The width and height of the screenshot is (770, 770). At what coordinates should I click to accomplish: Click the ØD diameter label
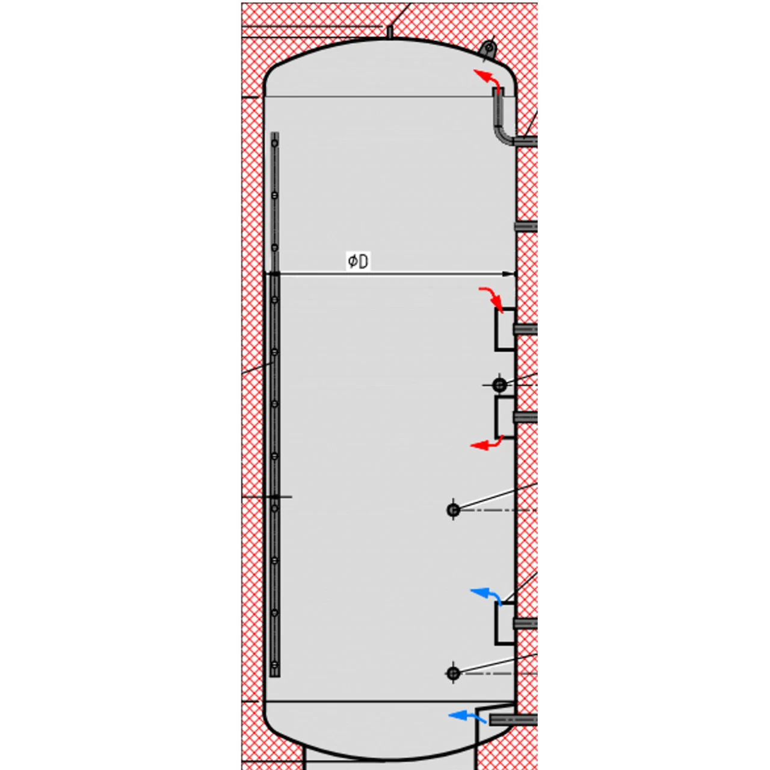tap(358, 261)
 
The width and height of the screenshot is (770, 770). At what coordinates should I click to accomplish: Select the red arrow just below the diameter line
tap(492, 298)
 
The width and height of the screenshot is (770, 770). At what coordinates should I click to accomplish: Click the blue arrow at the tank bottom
tap(467, 716)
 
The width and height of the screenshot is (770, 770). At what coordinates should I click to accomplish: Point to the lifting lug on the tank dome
tap(489, 48)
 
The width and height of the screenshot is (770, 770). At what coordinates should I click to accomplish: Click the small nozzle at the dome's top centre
tap(389, 31)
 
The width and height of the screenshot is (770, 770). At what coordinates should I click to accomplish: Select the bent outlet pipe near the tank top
tap(500, 120)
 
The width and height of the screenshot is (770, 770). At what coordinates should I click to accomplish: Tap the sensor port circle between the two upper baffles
tap(499, 384)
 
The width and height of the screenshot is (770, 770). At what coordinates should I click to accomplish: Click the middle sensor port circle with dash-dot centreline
tap(454, 510)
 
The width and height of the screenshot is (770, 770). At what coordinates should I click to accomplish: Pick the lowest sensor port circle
tap(454, 673)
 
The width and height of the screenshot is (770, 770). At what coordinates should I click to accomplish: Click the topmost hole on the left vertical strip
tap(275, 143)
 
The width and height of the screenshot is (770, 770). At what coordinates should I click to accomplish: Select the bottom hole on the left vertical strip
tap(275, 665)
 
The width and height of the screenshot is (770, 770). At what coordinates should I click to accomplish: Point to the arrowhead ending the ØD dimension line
tap(510, 274)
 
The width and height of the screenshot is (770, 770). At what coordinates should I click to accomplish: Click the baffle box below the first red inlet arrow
tap(505, 329)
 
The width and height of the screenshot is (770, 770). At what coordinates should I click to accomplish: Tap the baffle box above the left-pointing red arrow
tap(505, 417)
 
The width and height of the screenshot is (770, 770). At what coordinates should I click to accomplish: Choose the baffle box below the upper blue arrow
tap(505, 623)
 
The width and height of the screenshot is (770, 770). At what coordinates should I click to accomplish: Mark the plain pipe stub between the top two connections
tap(526, 227)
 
